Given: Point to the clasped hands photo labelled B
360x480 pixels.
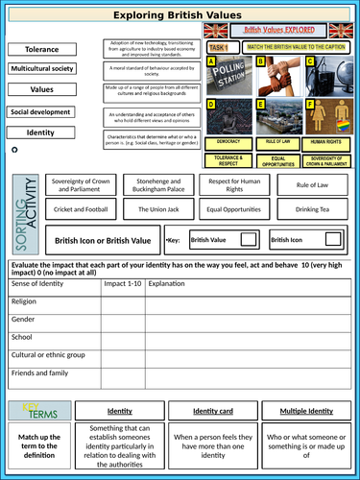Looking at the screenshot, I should pyautogui.click(x=275, y=75).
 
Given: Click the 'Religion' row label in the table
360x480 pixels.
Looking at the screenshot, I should pyautogui.click(x=24, y=301).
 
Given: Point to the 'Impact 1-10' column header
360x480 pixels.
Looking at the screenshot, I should pyautogui.click(x=122, y=284).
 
